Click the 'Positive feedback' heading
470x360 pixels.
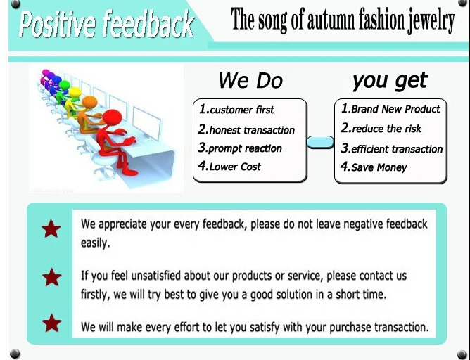106,24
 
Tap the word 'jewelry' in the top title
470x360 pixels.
431,20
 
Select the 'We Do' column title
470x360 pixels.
250,81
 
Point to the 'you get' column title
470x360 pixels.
390,81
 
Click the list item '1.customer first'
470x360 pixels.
236,109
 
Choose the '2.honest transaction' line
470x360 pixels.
246,129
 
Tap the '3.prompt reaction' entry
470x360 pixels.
240,148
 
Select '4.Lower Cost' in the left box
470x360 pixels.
229,166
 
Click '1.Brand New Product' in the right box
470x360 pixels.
390,108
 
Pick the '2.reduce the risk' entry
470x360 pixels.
381,128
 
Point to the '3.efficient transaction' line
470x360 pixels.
392,148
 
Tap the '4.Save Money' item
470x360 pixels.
374,167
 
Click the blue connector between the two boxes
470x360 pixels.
320,142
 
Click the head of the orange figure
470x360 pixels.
89,103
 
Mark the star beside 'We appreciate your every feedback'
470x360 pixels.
51,229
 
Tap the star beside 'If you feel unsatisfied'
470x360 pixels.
52,277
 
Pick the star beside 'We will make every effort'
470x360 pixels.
52,323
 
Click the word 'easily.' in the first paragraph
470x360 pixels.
95,243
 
